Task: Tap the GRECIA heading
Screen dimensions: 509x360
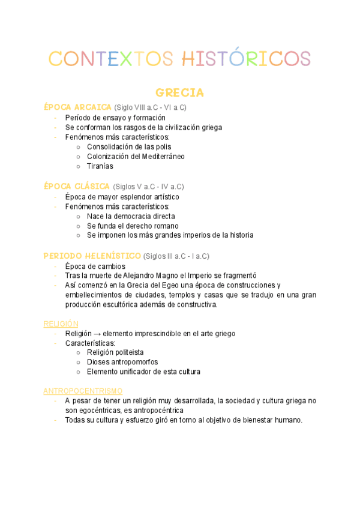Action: (x=179, y=93)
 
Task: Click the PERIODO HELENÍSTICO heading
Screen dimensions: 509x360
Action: (x=92, y=256)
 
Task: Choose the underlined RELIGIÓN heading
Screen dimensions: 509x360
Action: (x=61, y=324)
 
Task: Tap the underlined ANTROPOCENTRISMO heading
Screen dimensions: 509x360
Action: (x=83, y=391)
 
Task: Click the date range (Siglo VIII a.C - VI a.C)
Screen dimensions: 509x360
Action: (x=151, y=107)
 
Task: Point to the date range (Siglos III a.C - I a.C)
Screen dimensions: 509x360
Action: (x=176, y=256)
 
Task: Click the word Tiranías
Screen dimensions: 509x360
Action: (x=100, y=166)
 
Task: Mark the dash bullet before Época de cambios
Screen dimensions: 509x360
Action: (x=55, y=266)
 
